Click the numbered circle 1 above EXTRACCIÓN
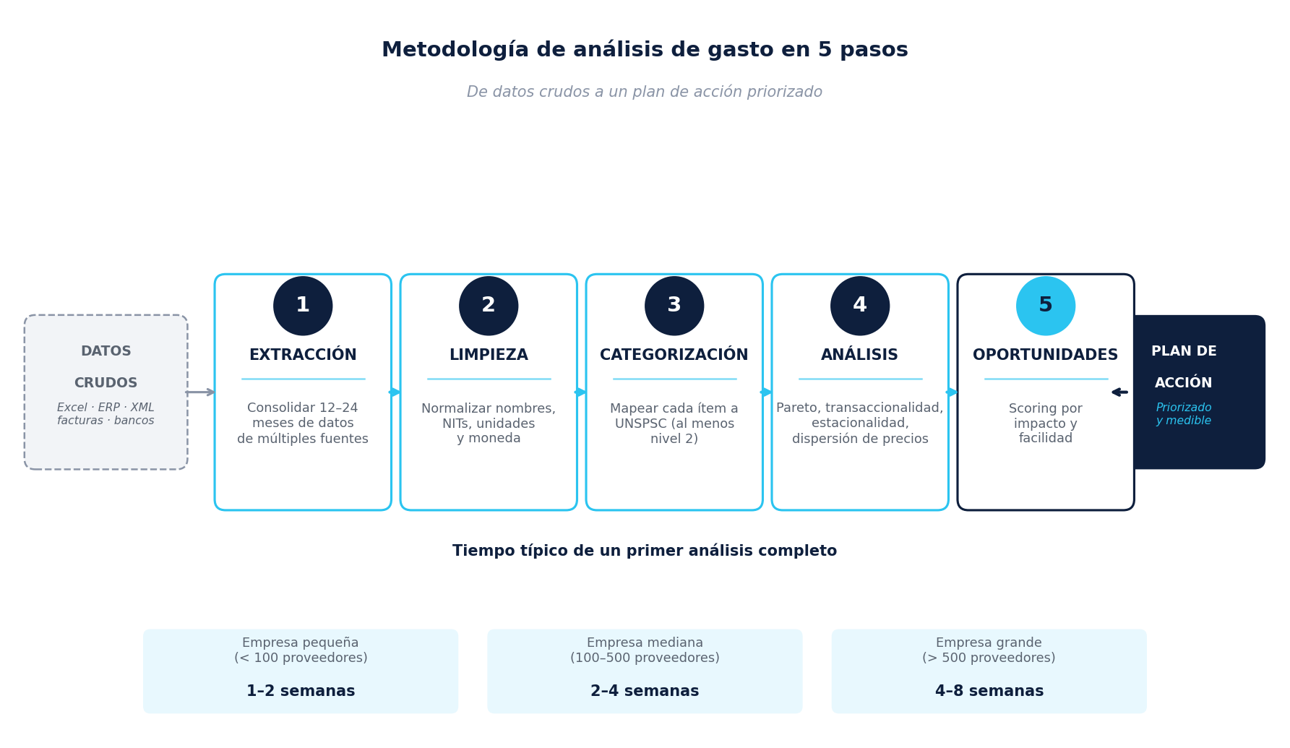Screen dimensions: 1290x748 (x=303, y=306)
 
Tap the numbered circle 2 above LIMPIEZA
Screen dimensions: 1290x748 (x=489, y=306)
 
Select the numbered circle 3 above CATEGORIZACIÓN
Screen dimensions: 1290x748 (x=674, y=306)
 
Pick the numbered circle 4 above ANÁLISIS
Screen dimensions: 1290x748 (x=860, y=306)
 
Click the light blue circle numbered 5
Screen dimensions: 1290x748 (x=1046, y=306)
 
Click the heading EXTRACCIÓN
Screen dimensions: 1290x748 (x=303, y=355)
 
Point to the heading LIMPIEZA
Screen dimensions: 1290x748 (x=489, y=356)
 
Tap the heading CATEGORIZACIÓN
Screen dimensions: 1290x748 (x=674, y=355)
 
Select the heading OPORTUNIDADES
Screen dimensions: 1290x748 (x=1046, y=356)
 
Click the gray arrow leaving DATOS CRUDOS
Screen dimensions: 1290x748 (x=201, y=392)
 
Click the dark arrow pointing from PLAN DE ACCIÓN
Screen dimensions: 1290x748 (x=1119, y=392)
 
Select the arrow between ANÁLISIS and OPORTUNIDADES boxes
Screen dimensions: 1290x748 (x=953, y=392)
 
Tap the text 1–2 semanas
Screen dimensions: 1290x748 (x=301, y=692)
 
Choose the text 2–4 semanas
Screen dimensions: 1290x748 (x=645, y=692)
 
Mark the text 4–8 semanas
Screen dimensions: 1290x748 (x=989, y=692)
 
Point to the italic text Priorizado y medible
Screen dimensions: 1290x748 (x=1184, y=414)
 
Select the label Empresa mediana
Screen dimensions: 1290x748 (x=645, y=642)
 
